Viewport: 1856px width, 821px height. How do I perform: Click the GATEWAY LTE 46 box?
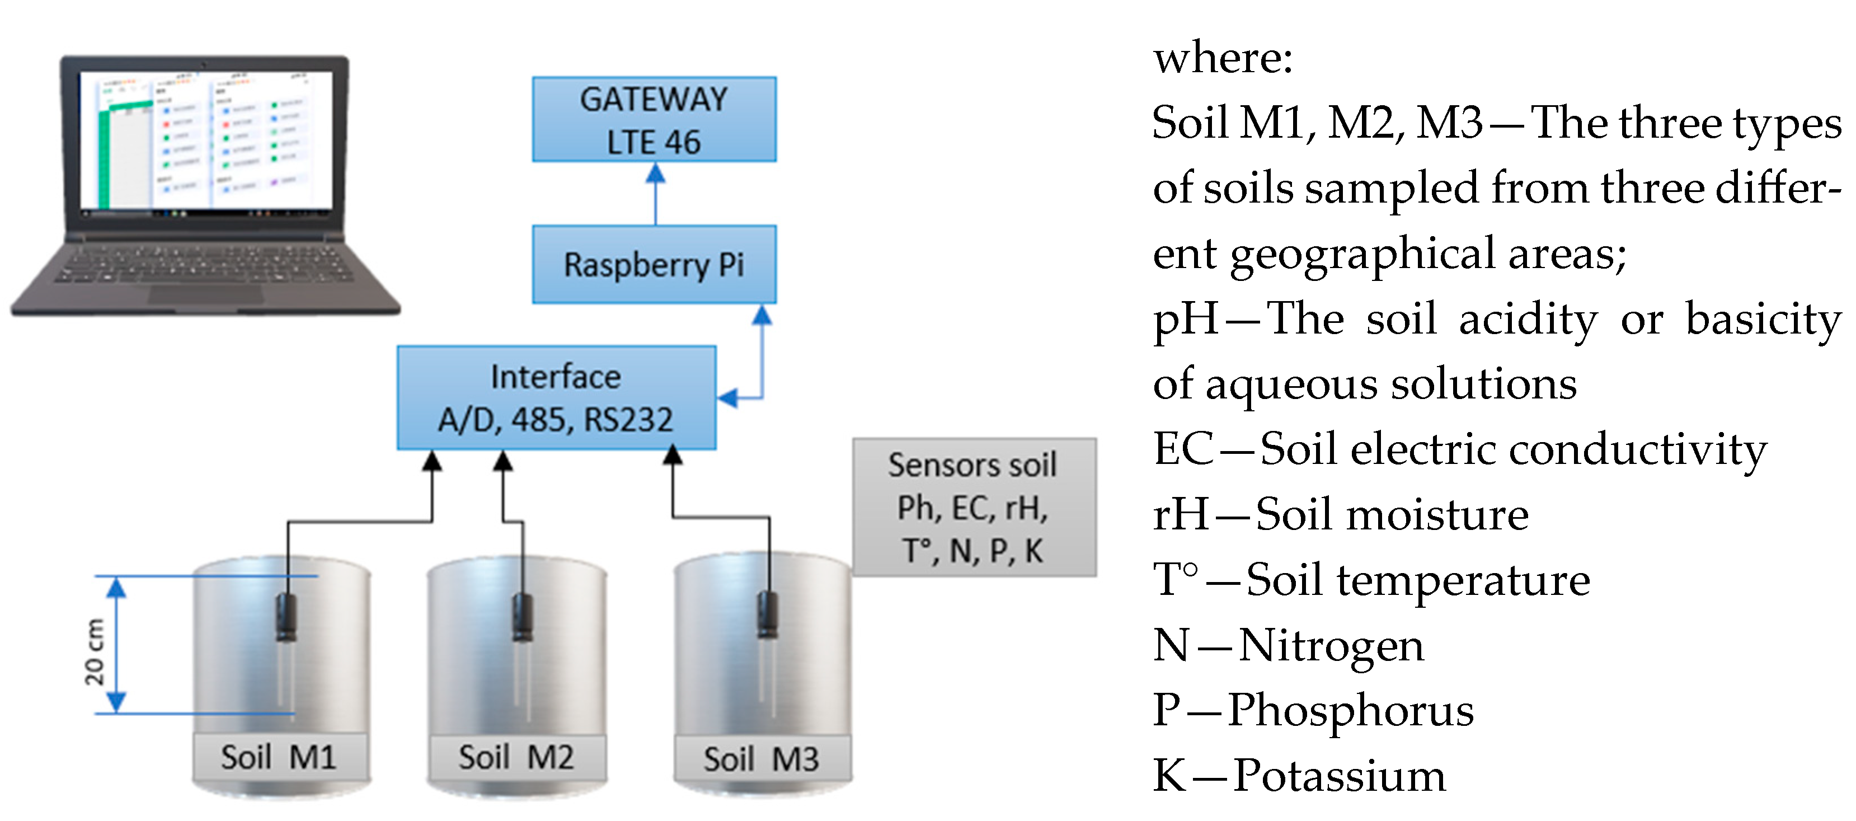[x=654, y=120]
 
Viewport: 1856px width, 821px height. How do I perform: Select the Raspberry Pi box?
[x=654, y=265]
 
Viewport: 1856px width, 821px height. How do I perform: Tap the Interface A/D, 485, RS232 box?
[x=556, y=398]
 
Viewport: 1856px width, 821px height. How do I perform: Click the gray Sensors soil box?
[x=974, y=508]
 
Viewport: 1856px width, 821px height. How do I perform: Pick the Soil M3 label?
[x=762, y=759]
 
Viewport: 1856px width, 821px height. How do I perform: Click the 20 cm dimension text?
[x=95, y=651]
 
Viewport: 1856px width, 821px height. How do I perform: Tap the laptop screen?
[x=205, y=140]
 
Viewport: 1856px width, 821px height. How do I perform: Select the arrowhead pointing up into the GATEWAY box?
[x=655, y=173]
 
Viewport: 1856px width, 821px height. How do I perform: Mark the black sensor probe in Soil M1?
[x=286, y=618]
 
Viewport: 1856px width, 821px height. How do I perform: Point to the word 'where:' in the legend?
[x=1223, y=58]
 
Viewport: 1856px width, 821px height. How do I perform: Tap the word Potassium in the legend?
[x=1338, y=776]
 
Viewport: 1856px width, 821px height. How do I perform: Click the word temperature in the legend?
[x=1463, y=580]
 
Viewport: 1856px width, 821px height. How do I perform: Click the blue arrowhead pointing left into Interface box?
[x=729, y=397]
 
